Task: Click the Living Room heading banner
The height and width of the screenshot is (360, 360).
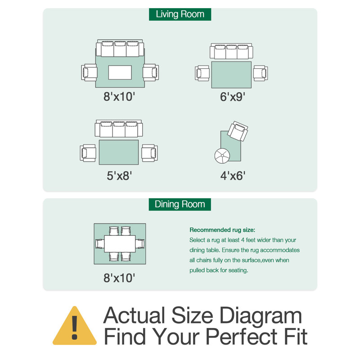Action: coord(180,14)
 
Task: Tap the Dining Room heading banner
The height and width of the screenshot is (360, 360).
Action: coord(180,204)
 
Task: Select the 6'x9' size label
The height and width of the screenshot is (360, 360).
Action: coord(232,97)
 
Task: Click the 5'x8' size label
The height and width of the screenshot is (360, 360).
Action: coord(119,176)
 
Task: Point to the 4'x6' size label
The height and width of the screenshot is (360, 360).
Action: coord(233,176)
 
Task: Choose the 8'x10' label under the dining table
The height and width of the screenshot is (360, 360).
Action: coord(119,278)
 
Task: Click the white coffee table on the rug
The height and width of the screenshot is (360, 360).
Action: coord(120,72)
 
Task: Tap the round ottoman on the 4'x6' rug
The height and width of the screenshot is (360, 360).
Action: coord(222,156)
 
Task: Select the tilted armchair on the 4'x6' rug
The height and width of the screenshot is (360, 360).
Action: coord(238,131)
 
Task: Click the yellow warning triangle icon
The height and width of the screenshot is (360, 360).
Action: coord(75,326)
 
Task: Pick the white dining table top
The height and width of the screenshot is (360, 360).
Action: coord(120,243)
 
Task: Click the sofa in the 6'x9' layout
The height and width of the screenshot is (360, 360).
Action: coord(231,51)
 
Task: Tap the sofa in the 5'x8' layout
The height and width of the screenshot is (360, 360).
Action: coord(119,128)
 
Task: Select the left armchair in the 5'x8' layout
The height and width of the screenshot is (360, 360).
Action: coord(88,153)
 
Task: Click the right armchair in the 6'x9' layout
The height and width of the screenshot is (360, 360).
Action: coord(261,73)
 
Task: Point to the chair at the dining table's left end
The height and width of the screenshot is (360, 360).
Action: coord(99,243)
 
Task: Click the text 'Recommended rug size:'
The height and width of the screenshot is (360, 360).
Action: coord(222,230)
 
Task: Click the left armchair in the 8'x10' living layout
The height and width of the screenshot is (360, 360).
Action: coord(89,72)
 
